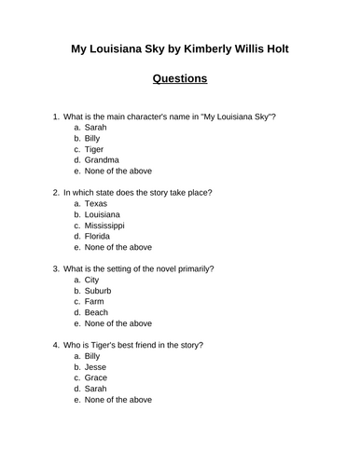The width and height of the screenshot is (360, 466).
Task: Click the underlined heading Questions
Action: (x=179, y=79)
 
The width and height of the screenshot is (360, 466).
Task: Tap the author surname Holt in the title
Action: (x=270, y=48)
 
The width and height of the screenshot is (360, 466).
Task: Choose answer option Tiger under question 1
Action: (x=95, y=148)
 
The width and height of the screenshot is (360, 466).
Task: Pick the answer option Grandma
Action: (x=101, y=159)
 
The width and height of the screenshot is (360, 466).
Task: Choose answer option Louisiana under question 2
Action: (x=104, y=214)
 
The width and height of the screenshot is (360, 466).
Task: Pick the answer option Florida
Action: (x=98, y=237)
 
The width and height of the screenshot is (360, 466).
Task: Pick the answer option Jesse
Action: (x=96, y=368)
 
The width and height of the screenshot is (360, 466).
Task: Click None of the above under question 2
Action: (x=118, y=248)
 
